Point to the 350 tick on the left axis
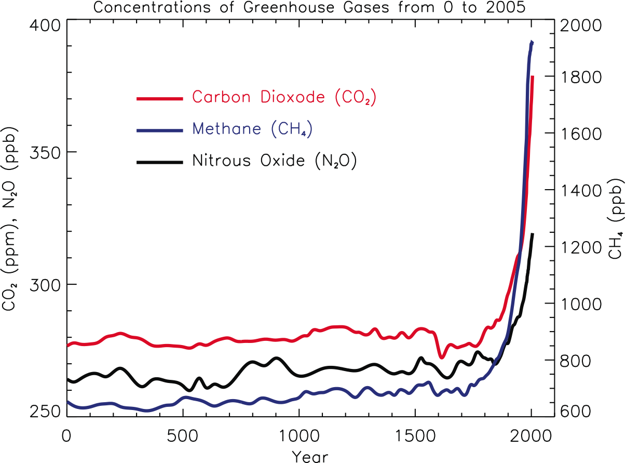45,152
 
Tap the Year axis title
310,456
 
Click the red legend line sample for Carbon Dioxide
160,98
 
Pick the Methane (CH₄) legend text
252,129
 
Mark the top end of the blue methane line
532,42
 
